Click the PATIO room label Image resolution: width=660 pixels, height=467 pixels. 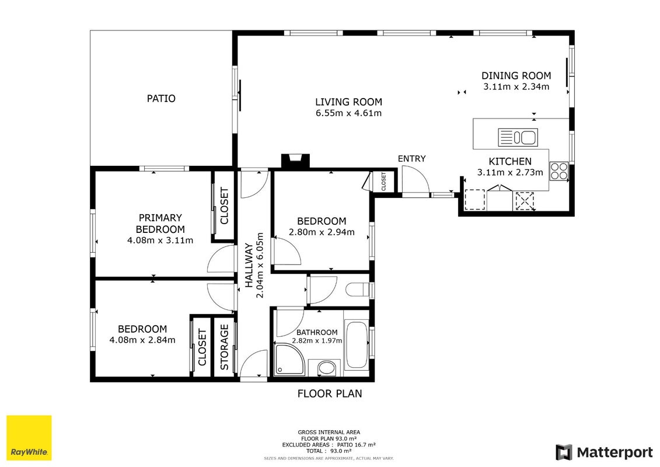161,99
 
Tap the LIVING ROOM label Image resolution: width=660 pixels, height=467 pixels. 348,102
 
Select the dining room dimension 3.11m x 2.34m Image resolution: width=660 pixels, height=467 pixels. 516,87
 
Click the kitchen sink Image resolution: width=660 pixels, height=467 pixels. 518,137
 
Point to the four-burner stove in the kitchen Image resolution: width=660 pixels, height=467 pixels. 559,171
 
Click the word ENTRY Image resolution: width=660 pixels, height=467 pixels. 411,159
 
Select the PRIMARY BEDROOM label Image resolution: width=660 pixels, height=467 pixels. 160,224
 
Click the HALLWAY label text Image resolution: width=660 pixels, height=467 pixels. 249,265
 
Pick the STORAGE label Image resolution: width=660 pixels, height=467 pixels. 224,347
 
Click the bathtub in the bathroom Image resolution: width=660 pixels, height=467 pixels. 356,346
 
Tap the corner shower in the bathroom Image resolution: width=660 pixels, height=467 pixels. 289,359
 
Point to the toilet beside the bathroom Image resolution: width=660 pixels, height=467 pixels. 357,290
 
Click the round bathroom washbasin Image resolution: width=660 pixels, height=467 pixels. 326,368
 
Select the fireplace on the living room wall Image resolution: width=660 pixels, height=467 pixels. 295,161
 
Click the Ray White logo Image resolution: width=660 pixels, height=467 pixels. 29,438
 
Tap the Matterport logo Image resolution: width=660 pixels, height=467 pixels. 604,452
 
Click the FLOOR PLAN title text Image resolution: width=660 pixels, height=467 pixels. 330,393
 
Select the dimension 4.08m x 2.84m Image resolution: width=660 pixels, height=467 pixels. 142,340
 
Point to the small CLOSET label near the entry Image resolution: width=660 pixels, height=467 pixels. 383,182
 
